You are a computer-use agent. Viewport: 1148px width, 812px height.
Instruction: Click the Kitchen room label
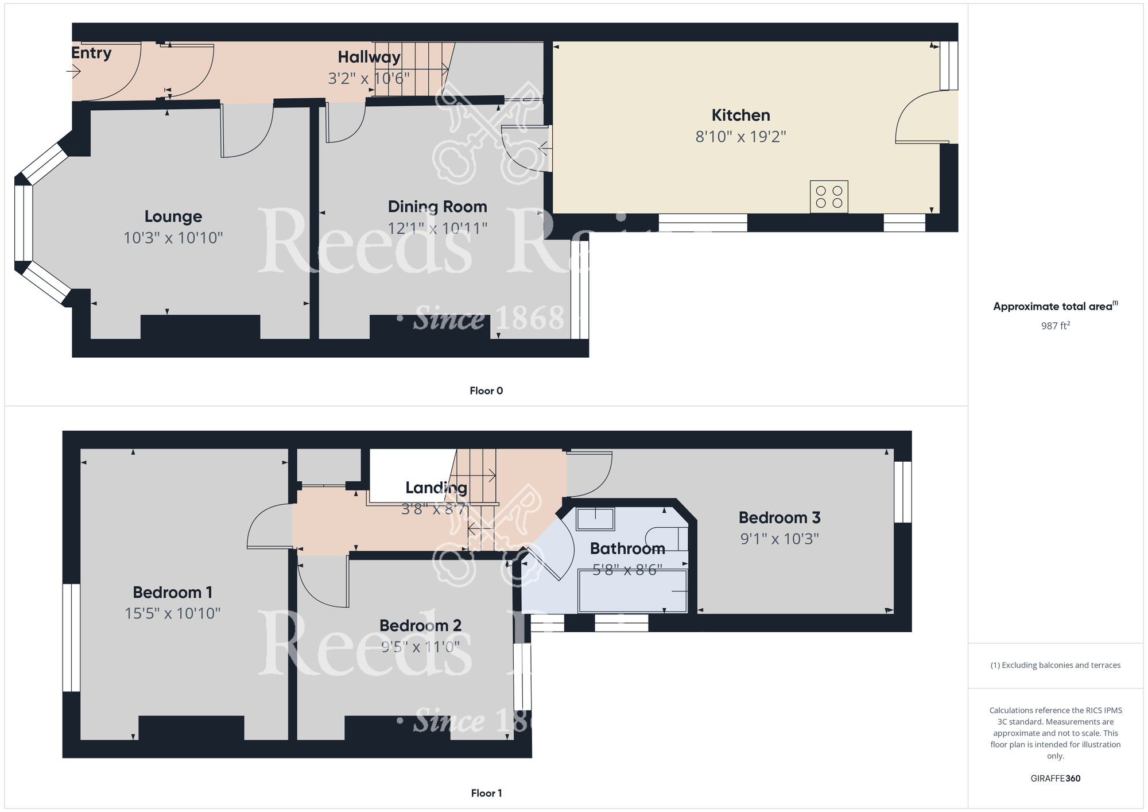click(740, 115)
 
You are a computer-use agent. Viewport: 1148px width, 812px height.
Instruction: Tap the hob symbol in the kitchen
click(829, 196)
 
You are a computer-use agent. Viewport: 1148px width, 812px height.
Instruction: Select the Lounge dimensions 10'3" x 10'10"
click(173, 238)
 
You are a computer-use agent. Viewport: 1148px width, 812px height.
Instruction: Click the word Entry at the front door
click(91, 53)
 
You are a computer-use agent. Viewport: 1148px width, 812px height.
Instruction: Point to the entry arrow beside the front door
click(73, 71)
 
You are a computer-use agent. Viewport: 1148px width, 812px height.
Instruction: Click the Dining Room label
click(437, 207)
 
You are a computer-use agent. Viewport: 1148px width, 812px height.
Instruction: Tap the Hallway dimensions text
click(369, 78)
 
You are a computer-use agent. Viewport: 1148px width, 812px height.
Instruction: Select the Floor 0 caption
click(486, 390)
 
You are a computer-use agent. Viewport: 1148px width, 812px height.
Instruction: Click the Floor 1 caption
click(486, 793)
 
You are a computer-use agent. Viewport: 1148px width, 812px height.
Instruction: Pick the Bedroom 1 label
click(172, 592)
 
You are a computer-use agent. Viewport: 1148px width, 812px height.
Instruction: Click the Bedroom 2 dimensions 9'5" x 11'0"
click(420, 647)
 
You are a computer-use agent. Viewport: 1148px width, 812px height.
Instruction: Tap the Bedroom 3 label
click(779, 517)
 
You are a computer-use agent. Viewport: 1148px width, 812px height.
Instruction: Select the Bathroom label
click(627, 548)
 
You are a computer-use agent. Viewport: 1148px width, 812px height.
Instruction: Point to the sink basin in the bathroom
click(595, 519)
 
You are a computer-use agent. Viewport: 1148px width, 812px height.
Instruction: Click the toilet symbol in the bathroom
click(666, 539)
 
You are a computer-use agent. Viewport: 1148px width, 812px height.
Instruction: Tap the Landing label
click(436, 488)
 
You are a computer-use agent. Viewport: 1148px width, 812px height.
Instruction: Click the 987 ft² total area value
click(1055, 326)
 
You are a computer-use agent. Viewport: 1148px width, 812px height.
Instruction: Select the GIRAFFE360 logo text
click(1055, 779)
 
